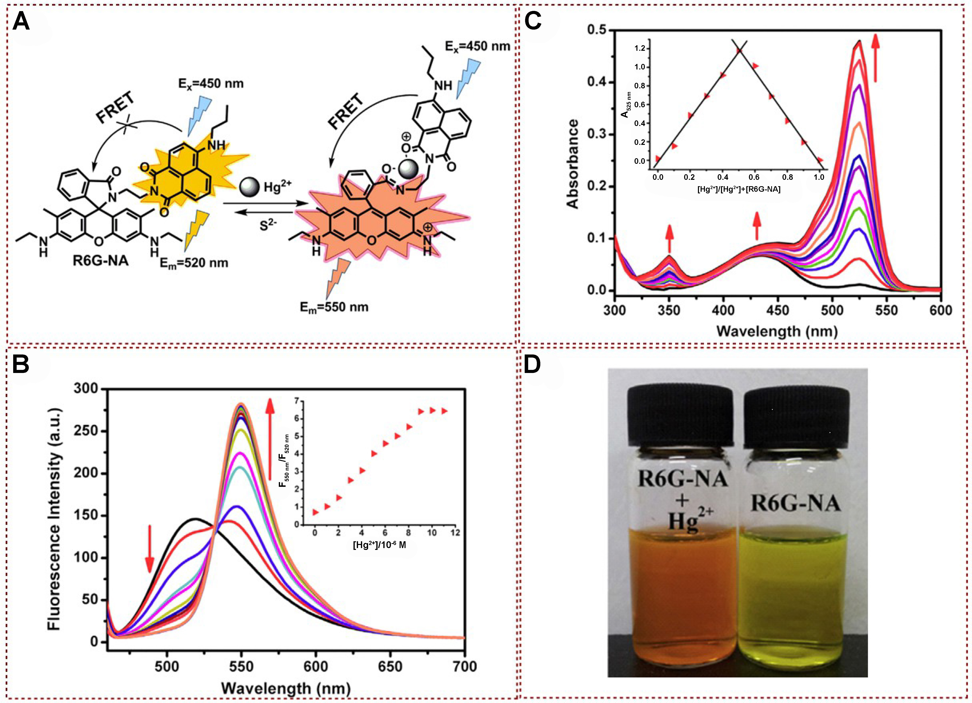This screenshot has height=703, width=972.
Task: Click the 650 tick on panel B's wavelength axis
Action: click(391, 667)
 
